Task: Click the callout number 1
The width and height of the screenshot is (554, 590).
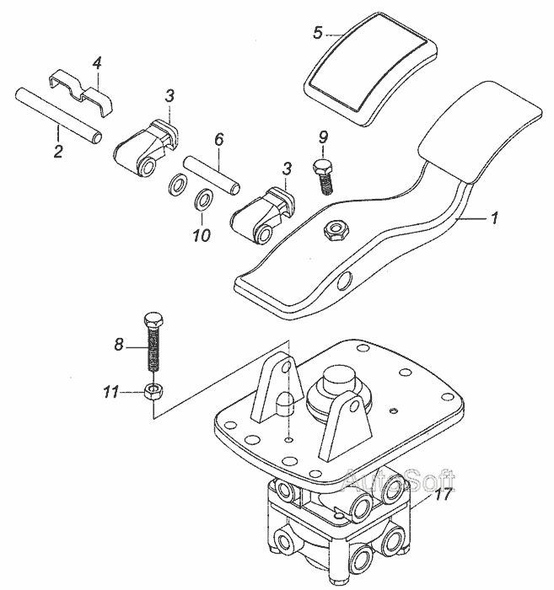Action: [x=495, y=217]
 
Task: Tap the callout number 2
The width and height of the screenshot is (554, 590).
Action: [x=57, y=153]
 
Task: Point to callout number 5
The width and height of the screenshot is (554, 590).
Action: [x=317, y=33]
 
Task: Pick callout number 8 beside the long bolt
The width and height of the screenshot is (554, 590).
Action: [x=118, y=344]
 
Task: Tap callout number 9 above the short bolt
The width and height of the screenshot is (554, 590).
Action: [x=323, y=137]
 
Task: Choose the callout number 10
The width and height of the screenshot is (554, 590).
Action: [x=201, y=236]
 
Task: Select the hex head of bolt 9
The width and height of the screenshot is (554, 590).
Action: [x=321, y=166]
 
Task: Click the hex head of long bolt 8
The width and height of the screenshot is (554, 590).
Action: [x=153, y=322]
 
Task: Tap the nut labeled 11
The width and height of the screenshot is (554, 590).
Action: [x=153, y=392]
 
